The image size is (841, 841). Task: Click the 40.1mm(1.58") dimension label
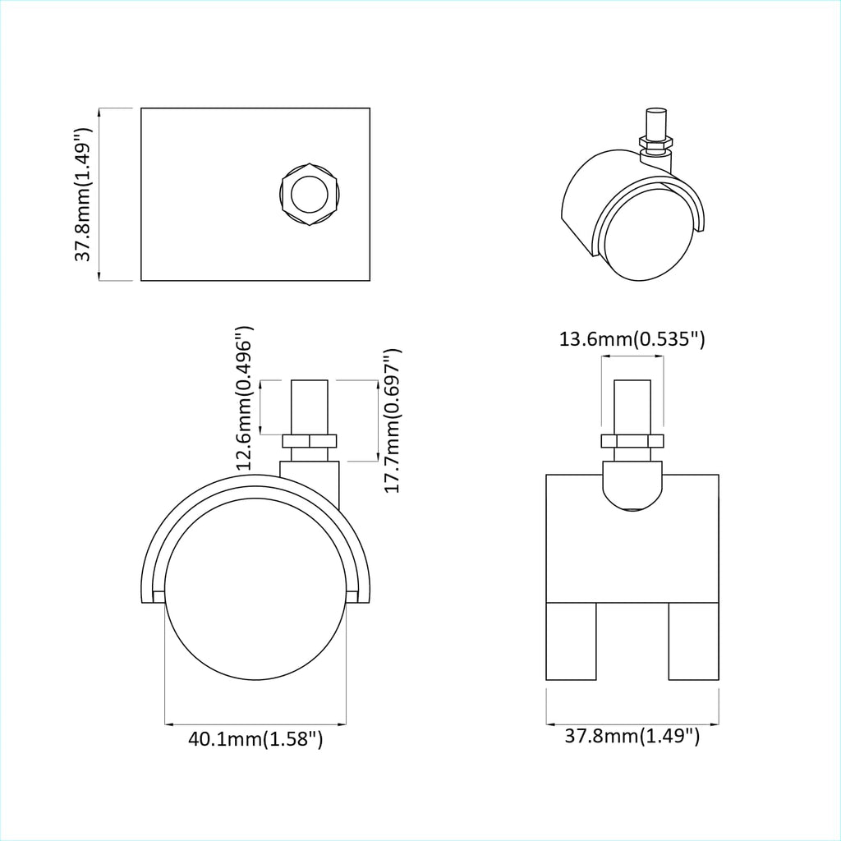pyautogui.click(x=255, y=739)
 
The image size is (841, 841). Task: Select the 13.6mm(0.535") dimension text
pyautogui.click(x=632, y=338)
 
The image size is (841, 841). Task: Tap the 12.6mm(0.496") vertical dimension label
pyautogui.click(x=244, y=398)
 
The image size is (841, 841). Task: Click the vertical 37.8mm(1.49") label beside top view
pyautogui.click(x=82, y=195)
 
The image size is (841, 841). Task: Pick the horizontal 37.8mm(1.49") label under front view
pyautogui.click(x=632, y=736)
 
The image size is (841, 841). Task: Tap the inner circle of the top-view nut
pyautogui.click(x=310, y=194)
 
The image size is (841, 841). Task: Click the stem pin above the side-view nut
pyautogui.click(x=310, y=406)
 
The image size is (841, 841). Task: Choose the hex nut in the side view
pyautogui.click(x=310, y=441)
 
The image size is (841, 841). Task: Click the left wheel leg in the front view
pyautogui.click(x=572, y=641)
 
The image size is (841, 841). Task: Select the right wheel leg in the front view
pyautogui.click(x=694, y=641)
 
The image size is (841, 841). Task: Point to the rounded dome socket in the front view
pyautogui.click(x=632, y=485)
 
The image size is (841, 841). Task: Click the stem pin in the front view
pyautogui.click(x=632, y=407)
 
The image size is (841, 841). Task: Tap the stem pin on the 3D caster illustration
pyautogui.click(x=655, y=124)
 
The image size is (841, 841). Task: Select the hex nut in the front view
pyautogui.click(x=632, y=441)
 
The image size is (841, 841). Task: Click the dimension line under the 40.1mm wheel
pyautogui.click(x=255, y=724)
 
